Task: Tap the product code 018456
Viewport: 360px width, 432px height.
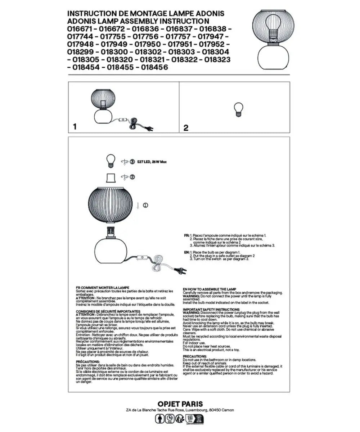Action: pos(155,67)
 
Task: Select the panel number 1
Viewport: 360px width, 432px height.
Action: pos(75,127)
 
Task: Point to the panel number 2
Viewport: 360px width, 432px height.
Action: pos(186,128)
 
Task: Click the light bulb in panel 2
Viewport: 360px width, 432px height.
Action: pos(238,109)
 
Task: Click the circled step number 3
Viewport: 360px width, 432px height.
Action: pos(132,162)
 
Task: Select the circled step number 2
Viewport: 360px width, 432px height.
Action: pos(132,177)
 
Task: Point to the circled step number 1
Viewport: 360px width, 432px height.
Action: pos(146,205)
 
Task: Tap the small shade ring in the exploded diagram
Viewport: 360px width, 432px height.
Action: pos(111,178)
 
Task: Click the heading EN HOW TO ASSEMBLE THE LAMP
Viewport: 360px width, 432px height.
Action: pos(210,289)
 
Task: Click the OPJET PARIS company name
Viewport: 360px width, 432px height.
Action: pos(180,404)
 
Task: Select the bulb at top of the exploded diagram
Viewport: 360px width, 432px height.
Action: pos(111,160)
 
